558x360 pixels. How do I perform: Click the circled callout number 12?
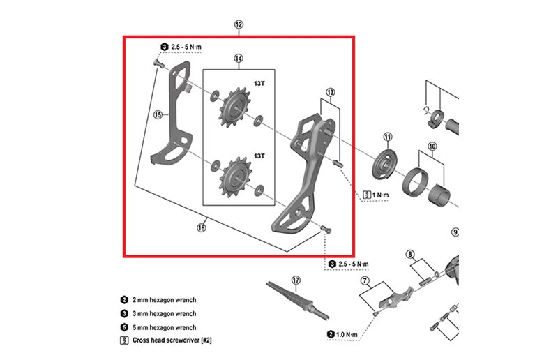(x=239, y=25)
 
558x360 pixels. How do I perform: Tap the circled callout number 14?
(x=239, y=59)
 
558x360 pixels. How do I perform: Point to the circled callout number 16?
(x=202, y=227)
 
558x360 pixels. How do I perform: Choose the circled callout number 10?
(x=432, y=147)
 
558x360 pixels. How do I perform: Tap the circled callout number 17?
(x=296, y=280)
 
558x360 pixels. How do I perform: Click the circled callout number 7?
(x=364, y=280)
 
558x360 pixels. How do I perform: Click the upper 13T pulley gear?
(x=236, y=110)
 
